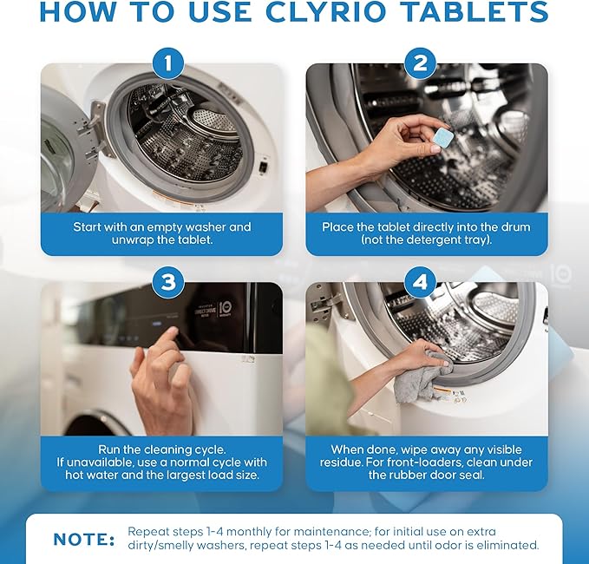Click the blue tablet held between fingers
tap(443, 138)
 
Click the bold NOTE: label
tap(83, 540)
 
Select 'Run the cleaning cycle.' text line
tap(161, 449)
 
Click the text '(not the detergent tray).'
tap(427, 240)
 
